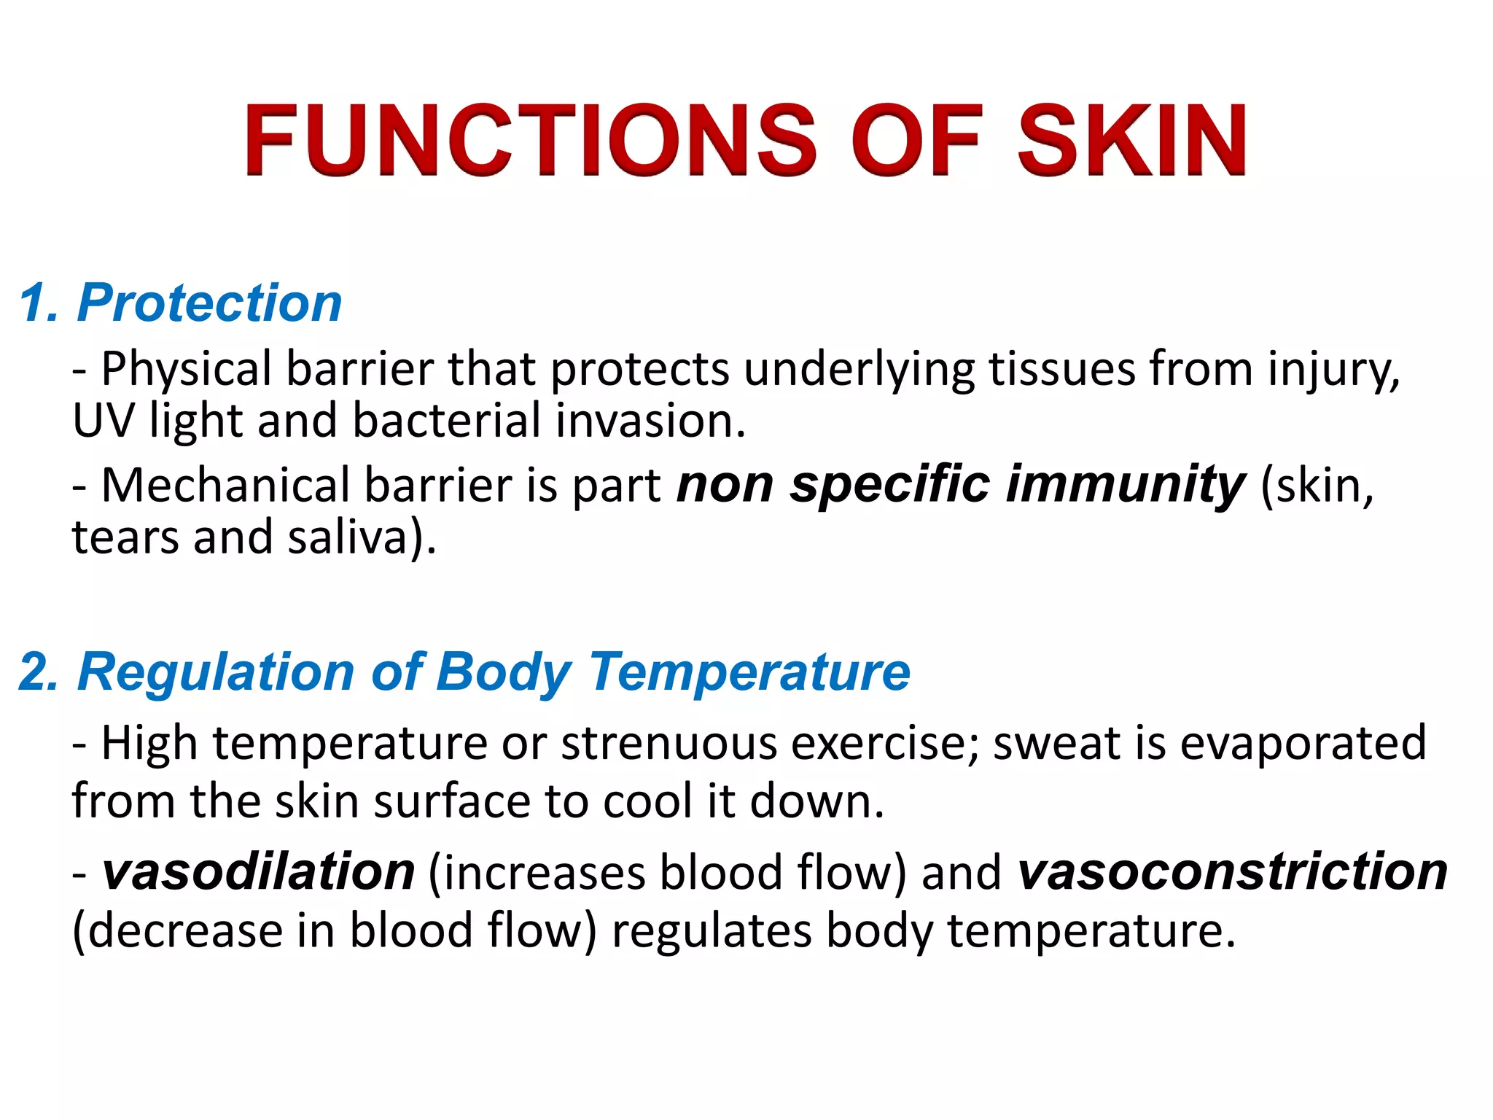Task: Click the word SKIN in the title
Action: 1131,140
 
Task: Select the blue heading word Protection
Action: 210,303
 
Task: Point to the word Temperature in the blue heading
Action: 750,672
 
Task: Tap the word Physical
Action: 186,369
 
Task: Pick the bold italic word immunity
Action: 1126,485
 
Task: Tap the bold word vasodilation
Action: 259,872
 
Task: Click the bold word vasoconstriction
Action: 1233,872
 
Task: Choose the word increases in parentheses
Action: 543,874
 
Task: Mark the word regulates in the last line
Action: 712,931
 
